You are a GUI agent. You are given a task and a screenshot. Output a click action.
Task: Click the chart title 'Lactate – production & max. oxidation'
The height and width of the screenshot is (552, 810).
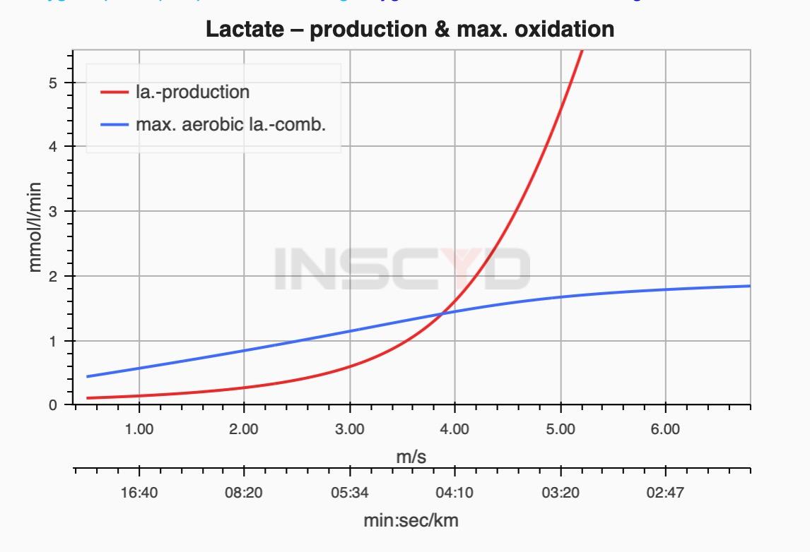410,29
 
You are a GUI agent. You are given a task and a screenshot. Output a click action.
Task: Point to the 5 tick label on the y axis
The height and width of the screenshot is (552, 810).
62,83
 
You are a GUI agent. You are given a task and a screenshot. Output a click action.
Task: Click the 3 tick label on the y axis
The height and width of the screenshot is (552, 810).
62,212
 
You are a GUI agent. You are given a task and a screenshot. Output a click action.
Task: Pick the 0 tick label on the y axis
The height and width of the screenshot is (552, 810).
62,406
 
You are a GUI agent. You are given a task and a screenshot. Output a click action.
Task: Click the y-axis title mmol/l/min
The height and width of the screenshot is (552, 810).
36,227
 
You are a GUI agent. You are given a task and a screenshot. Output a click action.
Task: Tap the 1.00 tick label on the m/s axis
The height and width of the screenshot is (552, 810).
139,429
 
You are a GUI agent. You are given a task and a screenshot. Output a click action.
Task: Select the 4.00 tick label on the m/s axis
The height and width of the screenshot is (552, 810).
454,429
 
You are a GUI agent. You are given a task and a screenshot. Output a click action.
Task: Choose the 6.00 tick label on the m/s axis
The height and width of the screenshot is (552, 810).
665,429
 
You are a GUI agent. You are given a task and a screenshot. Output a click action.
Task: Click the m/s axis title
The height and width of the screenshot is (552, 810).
411,457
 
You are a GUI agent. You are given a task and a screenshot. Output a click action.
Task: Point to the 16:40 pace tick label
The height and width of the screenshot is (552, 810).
139,492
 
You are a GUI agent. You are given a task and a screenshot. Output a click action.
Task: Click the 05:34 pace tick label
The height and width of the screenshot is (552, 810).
350,492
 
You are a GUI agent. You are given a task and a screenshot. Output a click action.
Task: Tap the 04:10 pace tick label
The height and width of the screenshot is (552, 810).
454,492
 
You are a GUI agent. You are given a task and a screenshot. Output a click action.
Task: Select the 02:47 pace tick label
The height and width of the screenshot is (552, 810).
665,492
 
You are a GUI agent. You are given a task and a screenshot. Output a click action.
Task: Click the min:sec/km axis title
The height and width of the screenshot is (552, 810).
411,521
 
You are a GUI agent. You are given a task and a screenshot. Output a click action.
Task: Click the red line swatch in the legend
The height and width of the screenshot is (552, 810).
113,92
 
